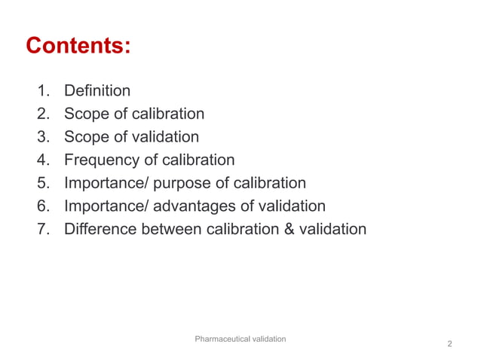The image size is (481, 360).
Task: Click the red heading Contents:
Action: tap(78, 47)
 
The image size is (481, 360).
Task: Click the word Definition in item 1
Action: tap(97, 91)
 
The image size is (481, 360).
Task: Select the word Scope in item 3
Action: tap(86, 137)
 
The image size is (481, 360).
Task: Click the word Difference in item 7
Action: tap(100, 228)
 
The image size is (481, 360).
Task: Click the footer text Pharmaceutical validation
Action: tap(240, 340)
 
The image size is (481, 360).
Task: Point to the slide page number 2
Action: tap(449, 344)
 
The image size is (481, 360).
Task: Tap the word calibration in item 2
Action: tap(167, 114)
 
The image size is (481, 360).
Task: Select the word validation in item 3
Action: tap(164, 137)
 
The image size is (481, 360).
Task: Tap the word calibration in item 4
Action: tap(198, 160)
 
